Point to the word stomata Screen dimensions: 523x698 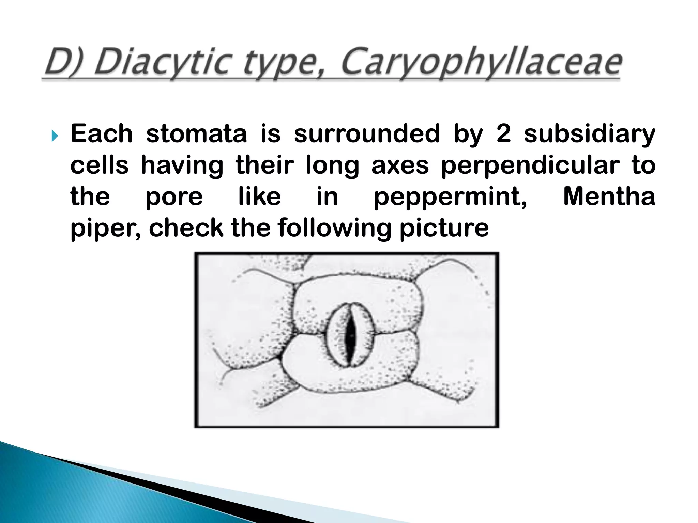pos(196,134)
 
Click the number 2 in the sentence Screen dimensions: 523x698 pos(504,134)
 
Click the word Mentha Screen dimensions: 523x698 pos(609,196)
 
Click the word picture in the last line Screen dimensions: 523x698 pos(444,229)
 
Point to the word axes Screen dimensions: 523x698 pos(400,165)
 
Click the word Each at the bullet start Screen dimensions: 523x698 pos(101,134)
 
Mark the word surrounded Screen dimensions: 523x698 pos(367,134)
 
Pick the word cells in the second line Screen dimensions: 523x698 pos(100,165)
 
